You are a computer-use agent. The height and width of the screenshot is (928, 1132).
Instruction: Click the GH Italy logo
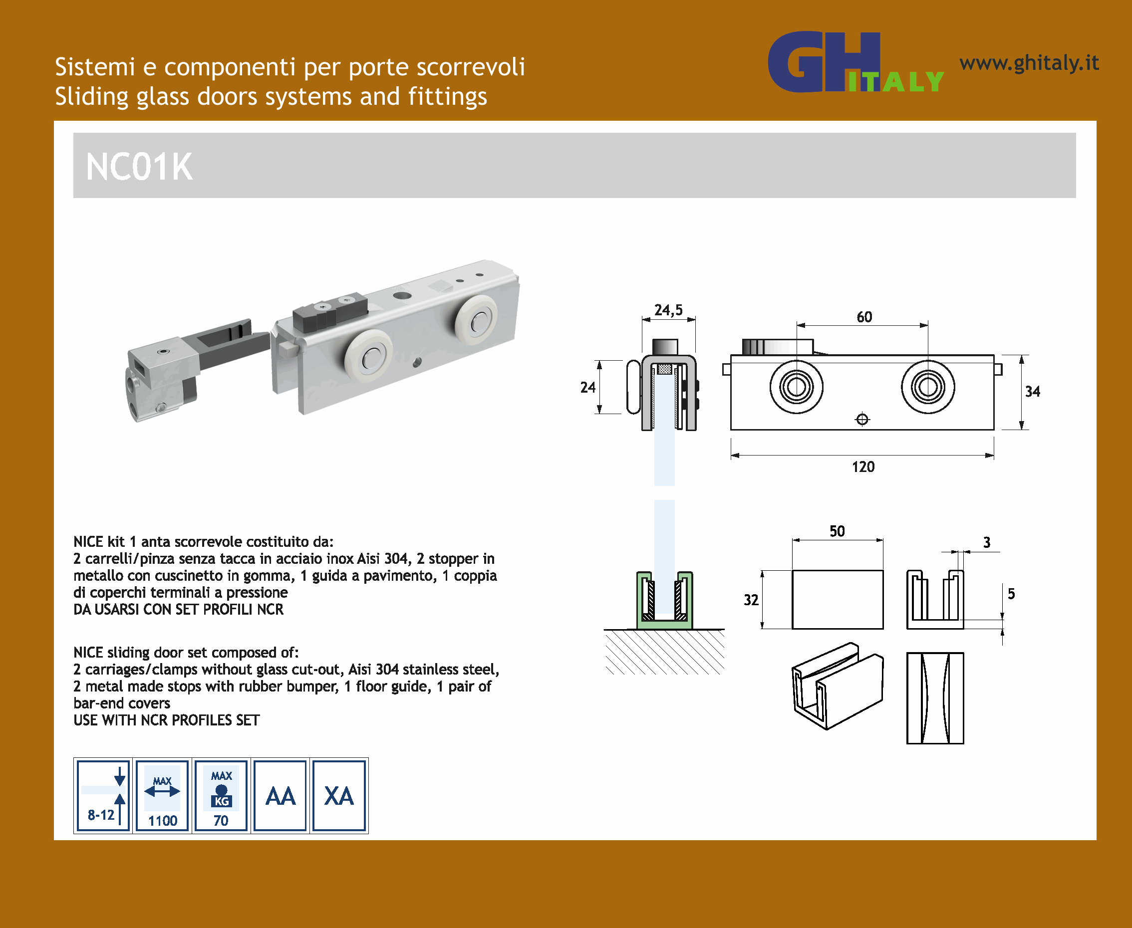click(855, 62)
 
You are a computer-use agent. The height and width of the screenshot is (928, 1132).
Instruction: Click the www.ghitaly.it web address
click(1029, 63)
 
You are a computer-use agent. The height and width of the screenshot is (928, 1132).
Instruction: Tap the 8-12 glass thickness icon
click(103, 795)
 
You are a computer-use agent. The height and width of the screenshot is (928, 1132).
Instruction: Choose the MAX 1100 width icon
click(163, 795)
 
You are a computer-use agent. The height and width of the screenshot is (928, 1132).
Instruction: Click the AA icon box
click(280, 795)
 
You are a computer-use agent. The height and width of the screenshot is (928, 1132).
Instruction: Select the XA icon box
click(339, 795)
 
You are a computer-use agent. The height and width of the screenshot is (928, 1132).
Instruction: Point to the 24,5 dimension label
click(668, 310)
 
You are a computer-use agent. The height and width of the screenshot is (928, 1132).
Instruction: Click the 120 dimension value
click(863, 466)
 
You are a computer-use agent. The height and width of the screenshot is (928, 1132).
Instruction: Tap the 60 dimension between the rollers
click(864, 317)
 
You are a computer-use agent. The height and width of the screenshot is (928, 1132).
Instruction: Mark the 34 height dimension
click(1033, 391)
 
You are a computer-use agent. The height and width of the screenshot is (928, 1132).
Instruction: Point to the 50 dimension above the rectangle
click(837, 531)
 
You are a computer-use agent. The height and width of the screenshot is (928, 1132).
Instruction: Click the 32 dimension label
click(751, 600)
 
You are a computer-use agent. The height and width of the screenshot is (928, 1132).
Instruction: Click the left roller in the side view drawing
click(796, 387)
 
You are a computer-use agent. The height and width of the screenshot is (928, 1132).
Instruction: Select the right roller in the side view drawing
click(928, 387)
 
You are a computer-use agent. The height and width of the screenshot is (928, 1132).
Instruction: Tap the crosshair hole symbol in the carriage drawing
click(862, 420)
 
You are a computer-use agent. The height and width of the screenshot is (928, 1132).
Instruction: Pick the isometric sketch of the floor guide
click(838, 686)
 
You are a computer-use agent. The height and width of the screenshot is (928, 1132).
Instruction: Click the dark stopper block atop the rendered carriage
click(330, 312)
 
